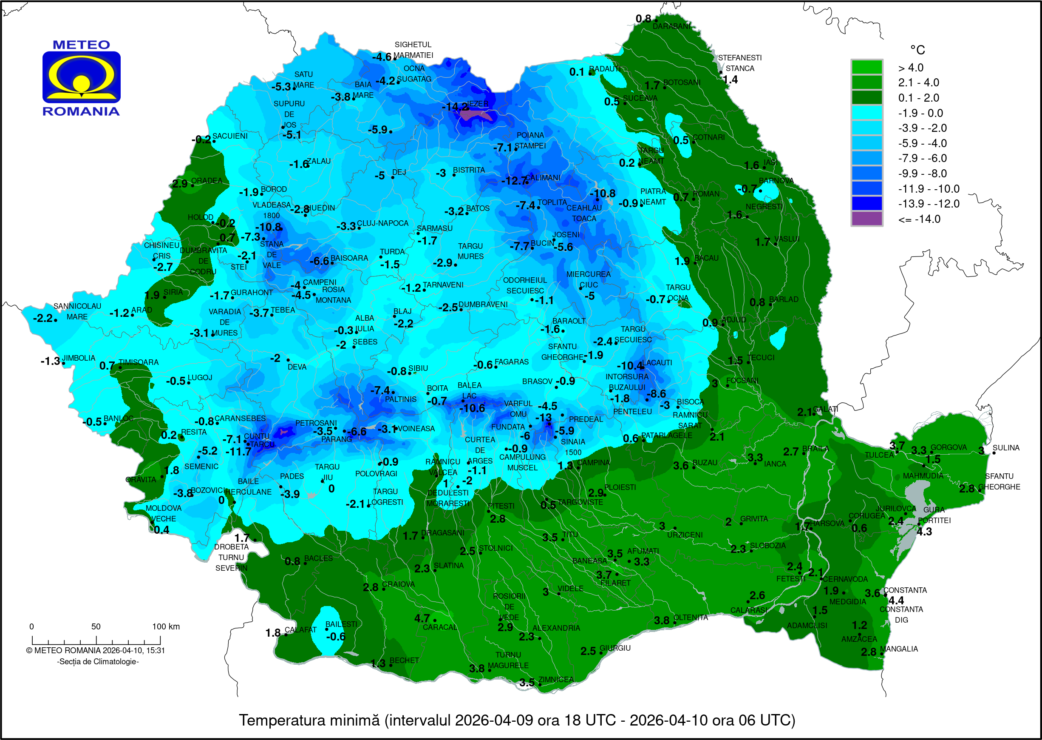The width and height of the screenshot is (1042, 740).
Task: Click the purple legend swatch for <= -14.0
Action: click(x=866, y=219)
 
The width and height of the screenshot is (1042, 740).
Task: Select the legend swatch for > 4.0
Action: click(x=866, y=68)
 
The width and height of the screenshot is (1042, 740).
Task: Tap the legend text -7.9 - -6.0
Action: click(x=922, y=158)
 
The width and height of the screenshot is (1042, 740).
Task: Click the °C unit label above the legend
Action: click(x=917, y=50)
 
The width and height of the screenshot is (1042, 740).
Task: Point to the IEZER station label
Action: click(x=478, y=103)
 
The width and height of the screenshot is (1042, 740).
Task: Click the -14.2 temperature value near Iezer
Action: click(x=455, y=107)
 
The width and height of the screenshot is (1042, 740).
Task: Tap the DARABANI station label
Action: click(x=671, y=26)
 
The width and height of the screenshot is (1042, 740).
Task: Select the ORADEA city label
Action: click(x=207, y=180)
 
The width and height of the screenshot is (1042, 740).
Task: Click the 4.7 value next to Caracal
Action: click(x=422, y=618)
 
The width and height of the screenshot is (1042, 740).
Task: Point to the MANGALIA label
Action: click(x=899, y=649)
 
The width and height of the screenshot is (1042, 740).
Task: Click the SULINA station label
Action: click(x=1005, y=448)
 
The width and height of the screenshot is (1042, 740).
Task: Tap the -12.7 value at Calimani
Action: click(x=513, y=181)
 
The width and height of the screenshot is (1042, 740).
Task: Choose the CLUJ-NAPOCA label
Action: click(x=382, y=223)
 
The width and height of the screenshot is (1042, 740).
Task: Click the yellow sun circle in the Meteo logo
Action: click(x=82, y=83)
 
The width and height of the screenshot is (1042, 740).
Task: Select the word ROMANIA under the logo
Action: click(x=81, y=111)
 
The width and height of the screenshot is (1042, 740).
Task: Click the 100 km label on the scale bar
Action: click(x=166, y=626)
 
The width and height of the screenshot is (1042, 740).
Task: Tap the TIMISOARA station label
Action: click(x=139, y=362)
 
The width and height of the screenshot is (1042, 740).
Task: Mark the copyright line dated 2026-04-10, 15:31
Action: click(x=96, y=651)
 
